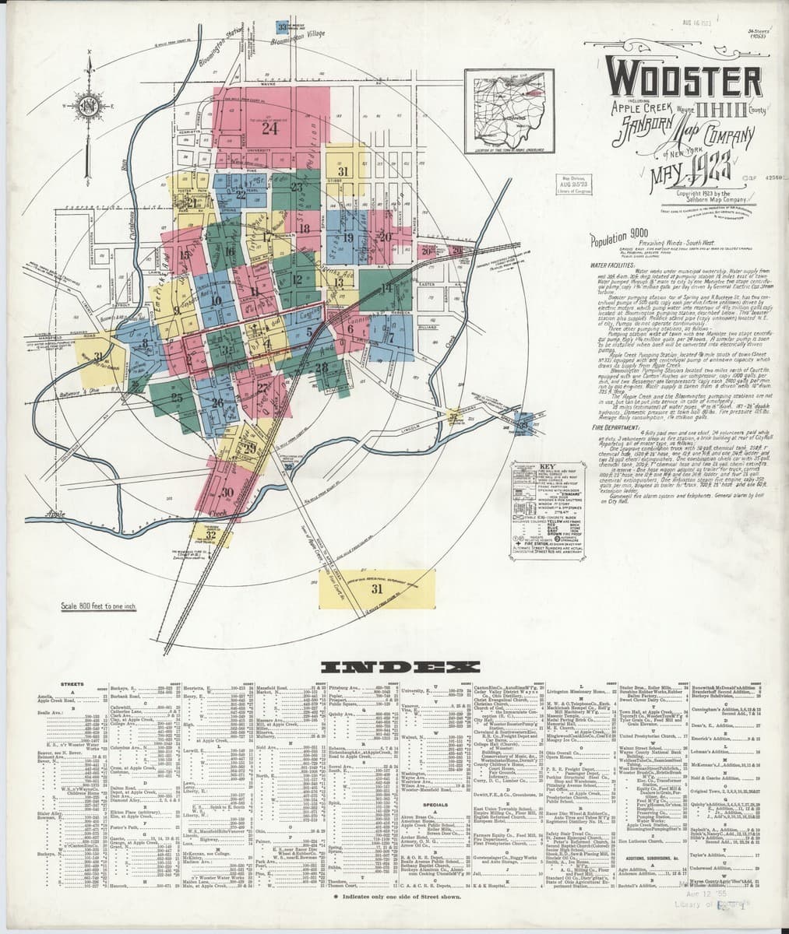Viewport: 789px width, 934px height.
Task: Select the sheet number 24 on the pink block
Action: point(269,129)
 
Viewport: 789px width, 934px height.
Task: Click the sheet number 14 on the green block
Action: point(386,288)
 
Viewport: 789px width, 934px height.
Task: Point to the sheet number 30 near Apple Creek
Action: point(227,492)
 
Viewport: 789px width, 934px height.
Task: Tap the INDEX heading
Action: point(400,667)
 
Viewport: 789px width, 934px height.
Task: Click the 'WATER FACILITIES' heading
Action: point(609,265)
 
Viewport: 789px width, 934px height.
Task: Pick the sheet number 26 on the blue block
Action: point(217,402)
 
